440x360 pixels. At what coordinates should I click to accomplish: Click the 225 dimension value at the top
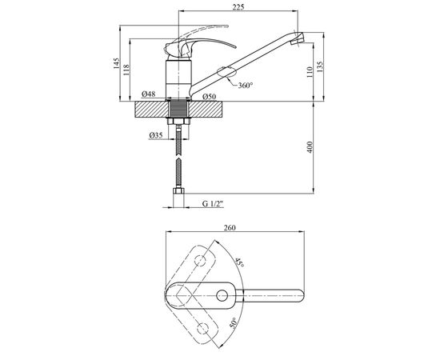tap(238, 7)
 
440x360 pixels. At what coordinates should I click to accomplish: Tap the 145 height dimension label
tap(116, 63)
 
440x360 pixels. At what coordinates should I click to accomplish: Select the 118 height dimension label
tap(126, 70)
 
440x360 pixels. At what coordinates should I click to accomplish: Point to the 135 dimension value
tap(320, 66)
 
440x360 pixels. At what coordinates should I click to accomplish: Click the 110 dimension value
tap(310, 72)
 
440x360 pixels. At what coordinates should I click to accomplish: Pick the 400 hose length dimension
tap(310, 147)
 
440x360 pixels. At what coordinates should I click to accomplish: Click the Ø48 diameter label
tap(149, 94)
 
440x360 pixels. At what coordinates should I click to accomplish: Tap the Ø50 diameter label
tap(210, 97)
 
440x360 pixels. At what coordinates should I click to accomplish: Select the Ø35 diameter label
tap(156, 135)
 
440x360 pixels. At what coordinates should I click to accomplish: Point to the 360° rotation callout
tap(246, 86)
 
